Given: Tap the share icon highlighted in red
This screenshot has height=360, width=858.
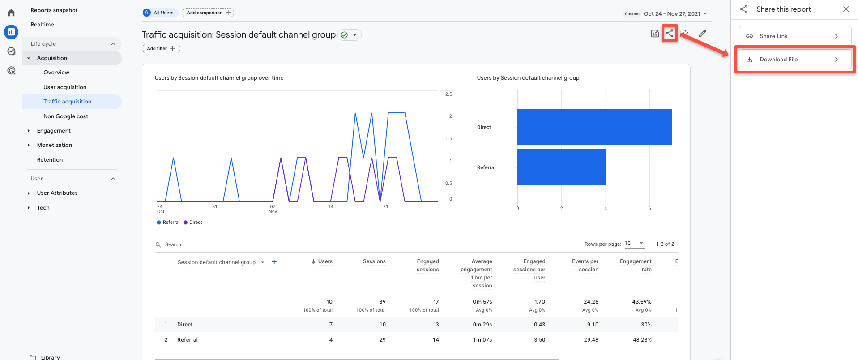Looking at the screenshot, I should [x=670, y=33].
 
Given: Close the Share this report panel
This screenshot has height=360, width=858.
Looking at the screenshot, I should [x=846, y=9].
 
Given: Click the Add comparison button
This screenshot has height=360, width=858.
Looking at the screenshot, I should [x=208, y=13].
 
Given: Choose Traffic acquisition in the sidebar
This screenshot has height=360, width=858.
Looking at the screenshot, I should [x=67, y=102].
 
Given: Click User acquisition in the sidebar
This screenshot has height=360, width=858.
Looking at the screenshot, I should [x=65, y=87].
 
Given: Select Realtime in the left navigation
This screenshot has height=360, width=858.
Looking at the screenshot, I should [x=42, y=25].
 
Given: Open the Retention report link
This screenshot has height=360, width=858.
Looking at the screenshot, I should [x=50, y=160].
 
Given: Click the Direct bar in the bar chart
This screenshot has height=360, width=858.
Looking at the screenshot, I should [x=594, y=127].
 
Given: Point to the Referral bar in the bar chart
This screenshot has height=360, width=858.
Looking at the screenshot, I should [x=561, y=167].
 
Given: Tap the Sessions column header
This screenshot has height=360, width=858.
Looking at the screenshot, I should [x=374, y=261].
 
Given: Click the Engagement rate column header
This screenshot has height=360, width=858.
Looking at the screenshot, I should [x=636, y=266].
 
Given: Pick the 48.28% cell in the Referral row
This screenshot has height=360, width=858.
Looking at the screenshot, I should [x=642, y=340].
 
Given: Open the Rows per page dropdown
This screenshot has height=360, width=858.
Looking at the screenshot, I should [x=634, y=244].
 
